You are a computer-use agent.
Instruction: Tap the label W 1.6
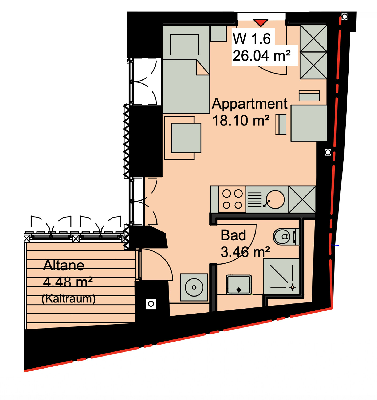point(252,39)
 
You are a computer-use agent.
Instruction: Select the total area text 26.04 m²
point(262,55)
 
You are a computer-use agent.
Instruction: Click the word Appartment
point(250,104)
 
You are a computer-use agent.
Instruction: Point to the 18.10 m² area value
point(241,121)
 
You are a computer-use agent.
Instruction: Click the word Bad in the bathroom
point(233,235)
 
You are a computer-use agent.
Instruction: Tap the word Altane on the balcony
point(64,265)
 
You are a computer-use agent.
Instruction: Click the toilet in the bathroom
point(286,237)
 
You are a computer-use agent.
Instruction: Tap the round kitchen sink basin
point(275,199)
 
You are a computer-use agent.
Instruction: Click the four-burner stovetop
point(232,199)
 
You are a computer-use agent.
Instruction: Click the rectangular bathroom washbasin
point(239,285)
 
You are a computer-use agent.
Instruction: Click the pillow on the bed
point(184,45)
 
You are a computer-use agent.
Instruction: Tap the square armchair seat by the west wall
point(186,138)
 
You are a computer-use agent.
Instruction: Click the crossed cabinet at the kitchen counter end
point(302,199)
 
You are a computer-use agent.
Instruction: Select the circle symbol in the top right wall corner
point(344,17)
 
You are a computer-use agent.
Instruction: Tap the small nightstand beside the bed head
point(218,34)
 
